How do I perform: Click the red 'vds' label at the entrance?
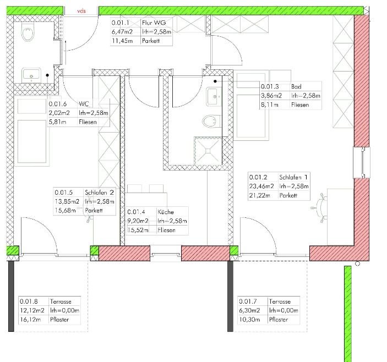tap(81, 11)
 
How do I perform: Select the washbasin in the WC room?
tap(31, 75)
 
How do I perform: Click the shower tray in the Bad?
tap(208, 151)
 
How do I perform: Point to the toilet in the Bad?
tap(211, 122)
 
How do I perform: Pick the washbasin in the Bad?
tap(214, 96)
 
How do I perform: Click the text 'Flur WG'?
tap(154, 23)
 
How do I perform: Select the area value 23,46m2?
tap(261, 186)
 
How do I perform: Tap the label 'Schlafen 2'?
tap(99, 193)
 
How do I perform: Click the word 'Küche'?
tap(166, 212)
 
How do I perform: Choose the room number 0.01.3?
tap(270, 86)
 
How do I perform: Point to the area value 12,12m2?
tap(32, 310)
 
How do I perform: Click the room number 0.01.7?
tap(248, 301)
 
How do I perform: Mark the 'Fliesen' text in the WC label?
tap(88, 122)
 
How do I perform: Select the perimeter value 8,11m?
tap(270, 105)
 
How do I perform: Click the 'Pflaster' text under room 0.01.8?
tap(59, 320)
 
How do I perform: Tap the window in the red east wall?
tap(362, 162)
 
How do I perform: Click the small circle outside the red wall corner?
tap(357, 264)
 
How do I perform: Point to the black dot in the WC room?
tap(47, 75)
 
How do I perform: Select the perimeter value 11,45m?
tap(122, 41)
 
